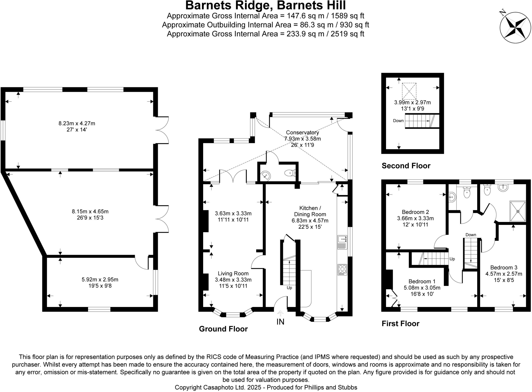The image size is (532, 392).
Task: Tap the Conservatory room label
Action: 302,133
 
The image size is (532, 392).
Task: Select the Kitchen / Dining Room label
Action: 310,211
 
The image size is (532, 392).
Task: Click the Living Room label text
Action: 233,273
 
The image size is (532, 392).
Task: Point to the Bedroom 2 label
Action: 415,212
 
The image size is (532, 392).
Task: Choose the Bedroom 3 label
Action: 504,267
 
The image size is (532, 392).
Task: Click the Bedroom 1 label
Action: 422,281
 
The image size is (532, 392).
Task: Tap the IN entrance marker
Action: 280,322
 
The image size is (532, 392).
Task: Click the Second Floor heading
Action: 406,166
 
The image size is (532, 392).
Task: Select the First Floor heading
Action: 400,324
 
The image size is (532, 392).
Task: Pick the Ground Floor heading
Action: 223,329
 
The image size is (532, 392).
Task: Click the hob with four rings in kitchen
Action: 342,270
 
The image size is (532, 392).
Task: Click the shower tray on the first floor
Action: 517,211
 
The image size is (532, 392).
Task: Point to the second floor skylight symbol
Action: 409,91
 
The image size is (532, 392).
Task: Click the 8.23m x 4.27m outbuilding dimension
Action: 77,123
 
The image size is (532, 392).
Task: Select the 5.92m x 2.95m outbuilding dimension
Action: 100,280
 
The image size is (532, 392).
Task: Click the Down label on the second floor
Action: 398,121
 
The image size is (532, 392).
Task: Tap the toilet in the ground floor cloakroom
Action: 290,173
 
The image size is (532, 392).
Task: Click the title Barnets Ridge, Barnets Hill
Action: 265,5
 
